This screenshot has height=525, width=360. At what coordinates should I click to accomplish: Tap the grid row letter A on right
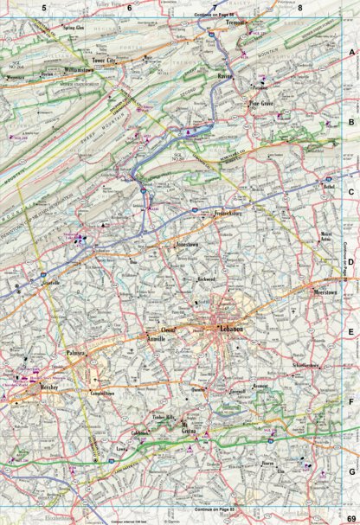pos(350,53)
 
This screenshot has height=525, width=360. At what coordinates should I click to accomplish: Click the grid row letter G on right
pos(350,471)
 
